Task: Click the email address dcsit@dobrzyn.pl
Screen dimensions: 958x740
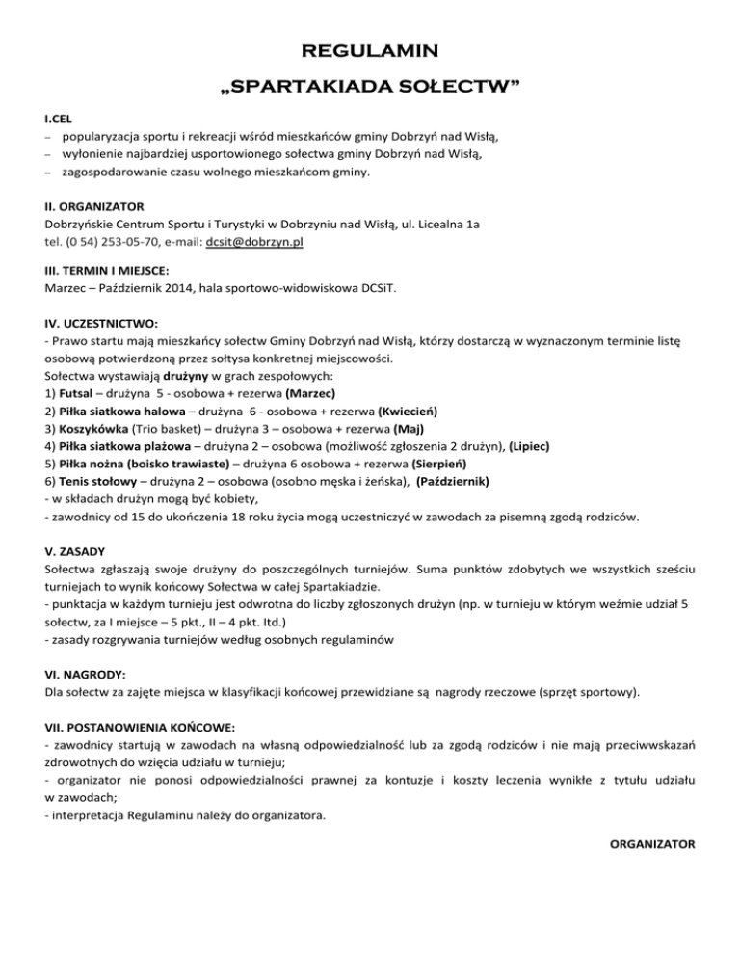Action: (255, 243)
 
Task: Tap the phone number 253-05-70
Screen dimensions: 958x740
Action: (107, 243)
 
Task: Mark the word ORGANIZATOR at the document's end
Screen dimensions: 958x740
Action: (653, 844)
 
